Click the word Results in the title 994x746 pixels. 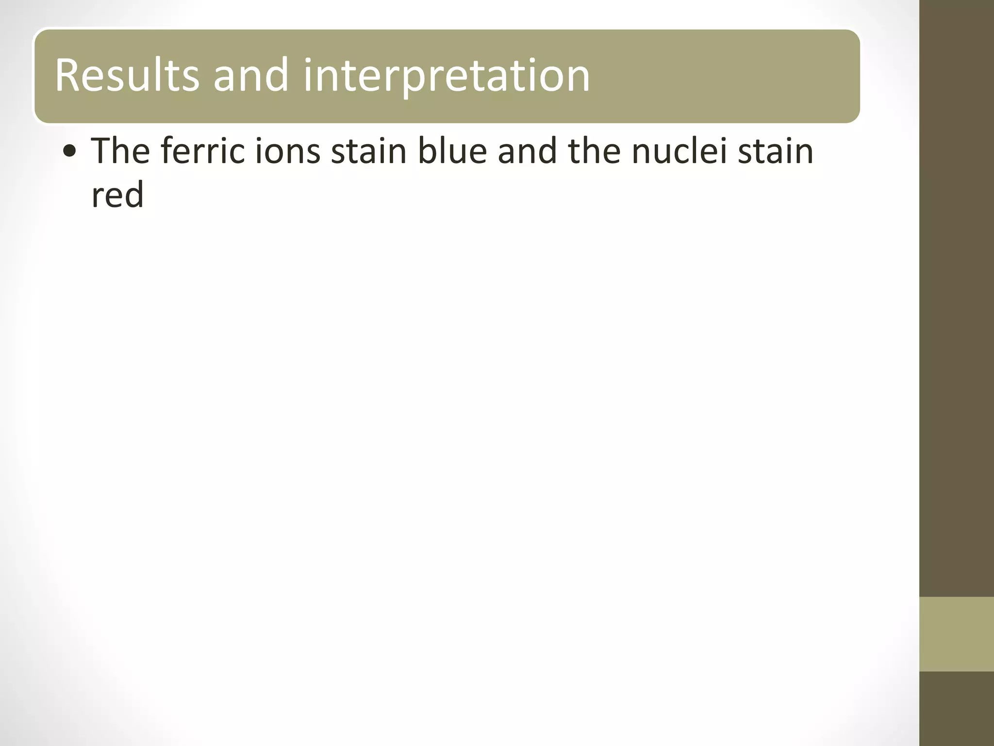(x=127, y=75)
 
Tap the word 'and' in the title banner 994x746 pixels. (x=251, y=75)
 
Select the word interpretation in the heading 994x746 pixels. (x=447, y=75)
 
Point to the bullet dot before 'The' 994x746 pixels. (x=70, y=152)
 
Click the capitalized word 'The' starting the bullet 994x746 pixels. (x=120, y=151)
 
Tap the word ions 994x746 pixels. (x=288, y=151)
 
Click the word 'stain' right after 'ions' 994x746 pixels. (x=368, y=151)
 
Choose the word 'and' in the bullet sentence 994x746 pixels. (x=528, y=151)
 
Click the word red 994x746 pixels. (x=117, y=194)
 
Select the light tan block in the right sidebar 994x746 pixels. (x=957, y=634)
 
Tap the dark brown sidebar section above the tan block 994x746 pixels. (x=957, y=291)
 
